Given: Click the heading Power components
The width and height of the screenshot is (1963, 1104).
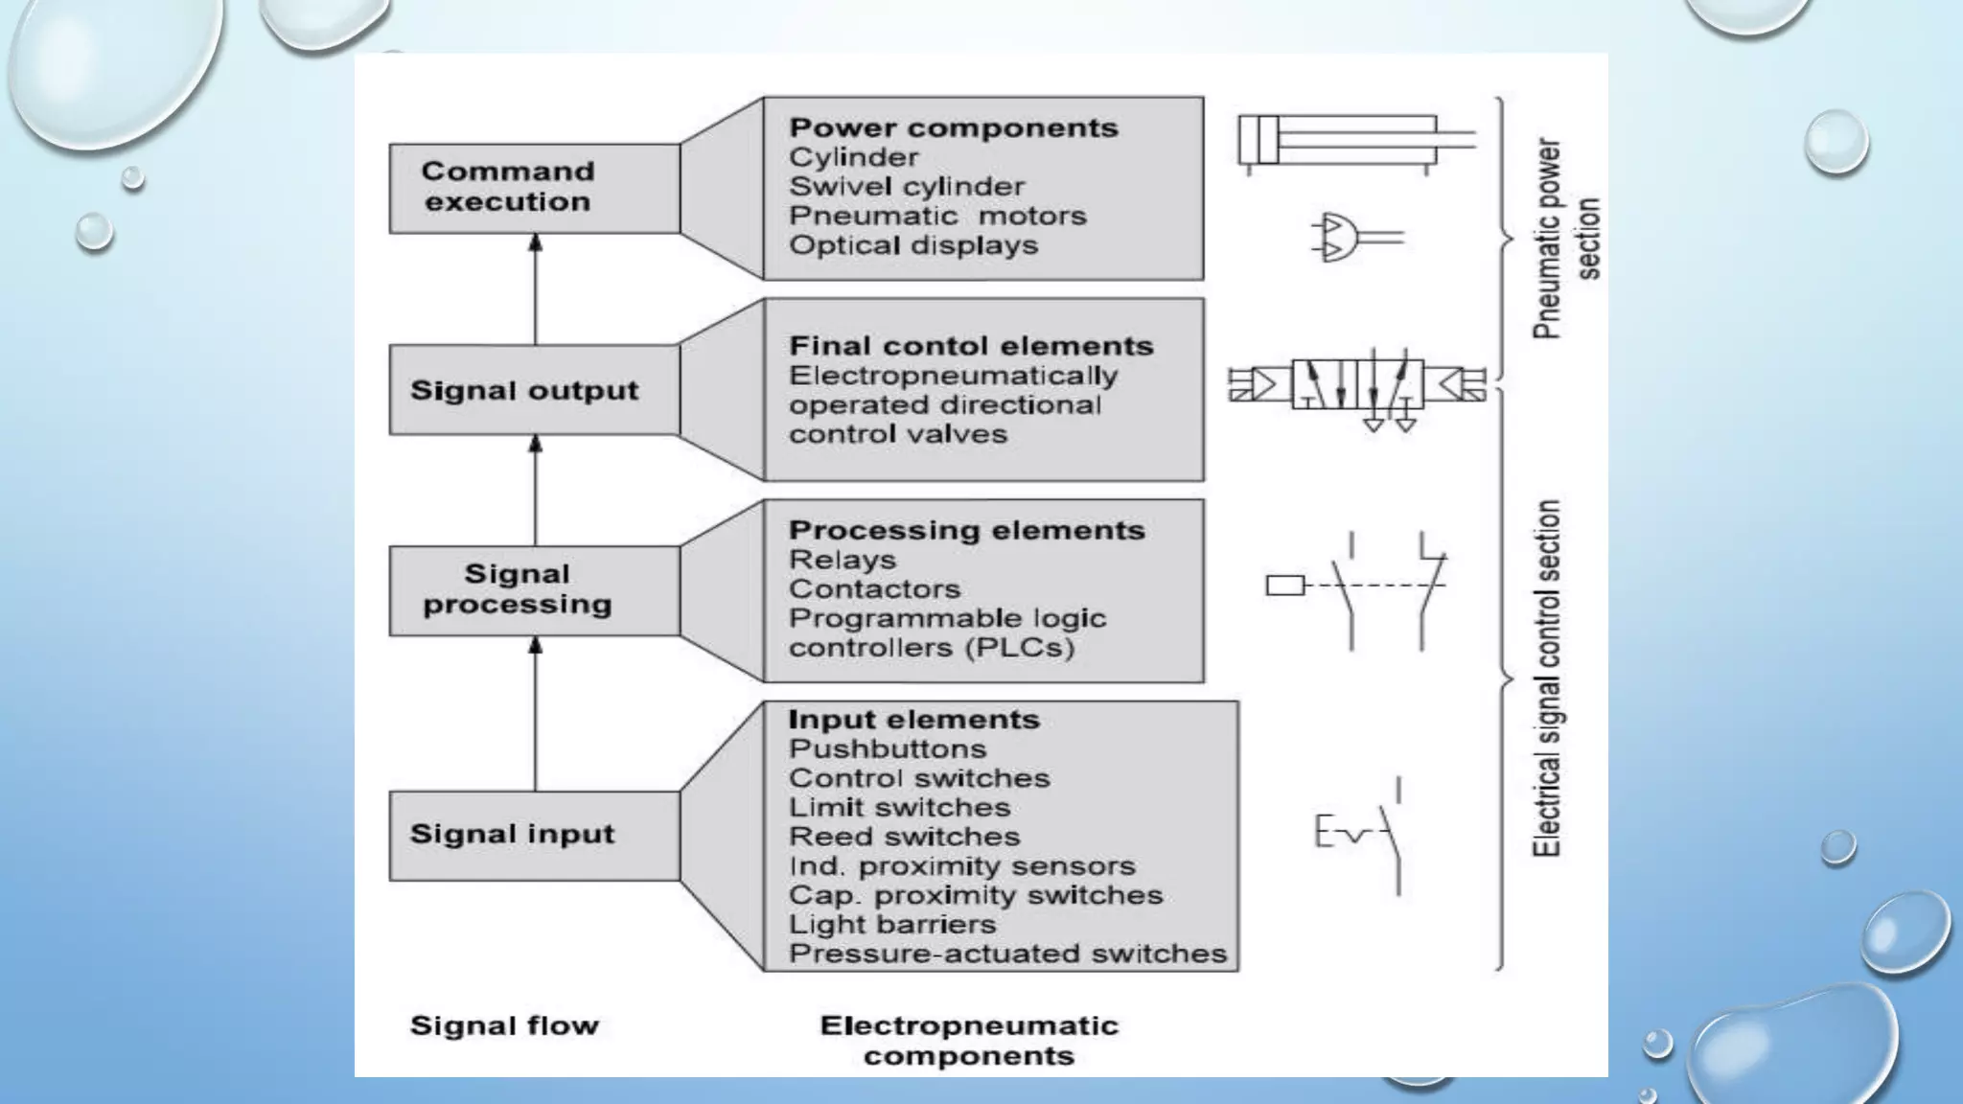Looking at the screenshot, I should [x=953, y=128].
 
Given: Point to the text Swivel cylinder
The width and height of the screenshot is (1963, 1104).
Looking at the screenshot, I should [x=906, y=187].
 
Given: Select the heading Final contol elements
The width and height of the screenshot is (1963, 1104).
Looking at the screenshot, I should [x=971, y=346].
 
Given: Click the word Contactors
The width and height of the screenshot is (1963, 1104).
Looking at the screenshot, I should [x=874, y=589].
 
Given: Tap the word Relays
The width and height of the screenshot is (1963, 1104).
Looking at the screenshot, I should [x=842, y=560].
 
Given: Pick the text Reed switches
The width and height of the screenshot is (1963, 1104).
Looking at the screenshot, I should [x=904, y=837].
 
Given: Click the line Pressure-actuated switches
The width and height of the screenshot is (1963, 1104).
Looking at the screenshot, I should [x=1007, y=954].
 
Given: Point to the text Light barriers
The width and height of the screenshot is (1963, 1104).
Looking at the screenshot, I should [x=892, y=925].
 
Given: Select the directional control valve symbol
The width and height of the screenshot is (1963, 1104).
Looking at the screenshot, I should [x=1356, y=385].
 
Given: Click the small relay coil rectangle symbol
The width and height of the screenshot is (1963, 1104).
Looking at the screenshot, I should [x=1284, y=585].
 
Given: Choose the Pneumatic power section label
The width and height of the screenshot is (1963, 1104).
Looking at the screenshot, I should [x=1564, y=239].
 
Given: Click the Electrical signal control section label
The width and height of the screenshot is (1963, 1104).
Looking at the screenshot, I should [x=1546, y=678].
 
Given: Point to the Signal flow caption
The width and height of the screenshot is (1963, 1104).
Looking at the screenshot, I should [x=504, y=1026].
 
